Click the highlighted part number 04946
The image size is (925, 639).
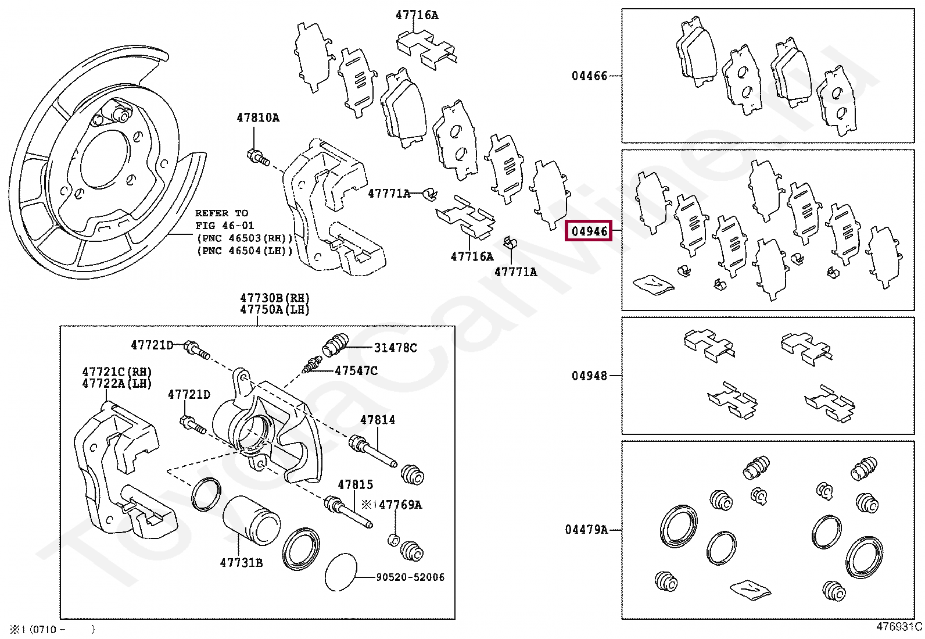589,231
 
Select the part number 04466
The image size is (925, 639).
589,76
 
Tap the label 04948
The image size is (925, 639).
589,376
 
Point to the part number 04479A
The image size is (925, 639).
586,529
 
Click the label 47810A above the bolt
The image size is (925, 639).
257,118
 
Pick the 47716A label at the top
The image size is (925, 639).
417,15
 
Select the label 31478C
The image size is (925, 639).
395,348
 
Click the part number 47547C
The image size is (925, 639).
356,370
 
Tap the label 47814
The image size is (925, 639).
377,419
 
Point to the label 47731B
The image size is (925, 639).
241,562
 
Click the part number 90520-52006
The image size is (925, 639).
410,577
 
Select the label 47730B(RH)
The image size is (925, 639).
275,299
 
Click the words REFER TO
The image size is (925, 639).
221,213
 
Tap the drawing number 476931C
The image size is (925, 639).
899,627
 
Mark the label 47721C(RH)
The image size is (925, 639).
116,372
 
